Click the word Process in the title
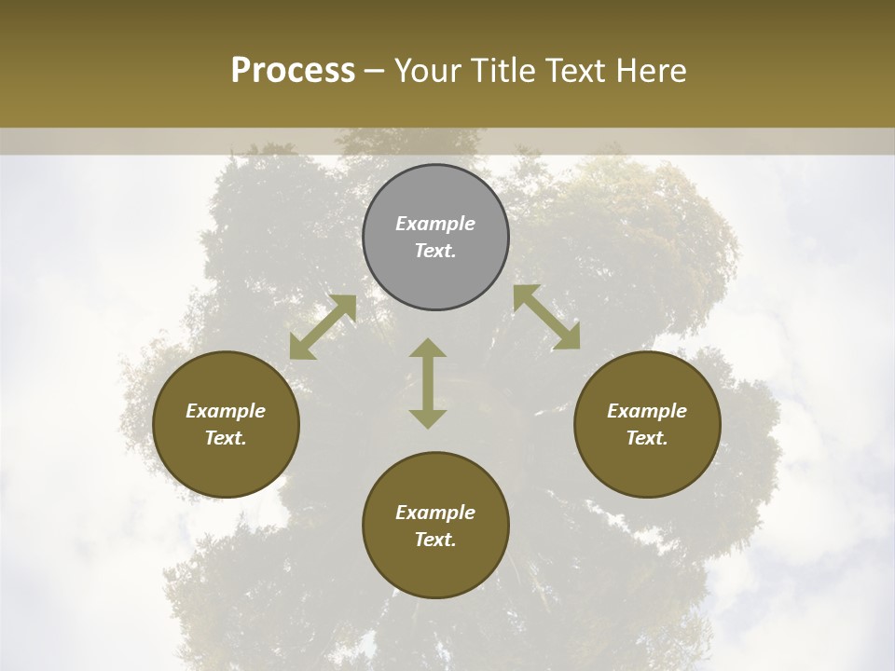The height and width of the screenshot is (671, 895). point(293,71)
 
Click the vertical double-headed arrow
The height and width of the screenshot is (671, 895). point(428,383)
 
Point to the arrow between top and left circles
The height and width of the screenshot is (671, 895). point(323,327)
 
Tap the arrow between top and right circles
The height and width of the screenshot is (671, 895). point(546,317)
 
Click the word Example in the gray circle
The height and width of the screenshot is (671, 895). point(435,224)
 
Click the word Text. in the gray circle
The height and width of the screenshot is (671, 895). point(435,251)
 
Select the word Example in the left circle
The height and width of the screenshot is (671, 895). point(226,411)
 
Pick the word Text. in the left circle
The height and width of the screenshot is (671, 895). point(226,438)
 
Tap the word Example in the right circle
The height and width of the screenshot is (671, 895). point(647,411)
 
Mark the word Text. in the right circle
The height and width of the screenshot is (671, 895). point(647,438)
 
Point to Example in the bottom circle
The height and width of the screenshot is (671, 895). point(435,513)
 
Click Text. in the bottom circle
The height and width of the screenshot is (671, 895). point(435,540)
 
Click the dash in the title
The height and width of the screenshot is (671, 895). point(375,72)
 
